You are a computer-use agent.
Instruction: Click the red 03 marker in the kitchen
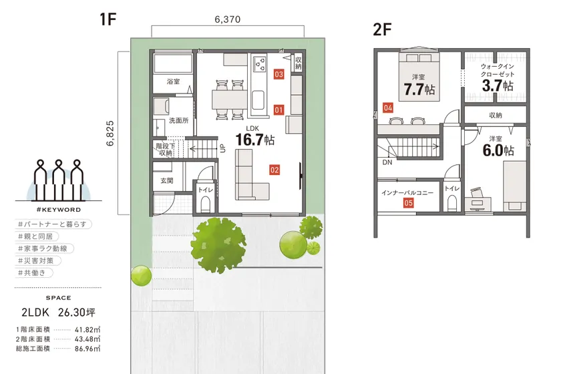(x=278, y=74)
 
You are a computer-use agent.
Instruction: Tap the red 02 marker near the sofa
(x=274, y=170)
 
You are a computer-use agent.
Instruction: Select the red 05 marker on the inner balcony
(x=408, y=203)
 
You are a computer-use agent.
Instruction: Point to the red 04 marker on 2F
(x=388, y=108)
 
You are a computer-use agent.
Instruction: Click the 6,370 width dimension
(x=228, y=19)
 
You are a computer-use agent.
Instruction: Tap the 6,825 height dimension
(x=110, y=133)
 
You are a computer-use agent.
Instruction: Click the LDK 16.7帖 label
(x=254, y=136)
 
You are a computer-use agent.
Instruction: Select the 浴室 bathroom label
(x=173, y=81)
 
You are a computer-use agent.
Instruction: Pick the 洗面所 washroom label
(x=178, y=121)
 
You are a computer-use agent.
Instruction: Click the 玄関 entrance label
(x=167, y=181)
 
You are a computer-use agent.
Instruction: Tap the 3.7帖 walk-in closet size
(x=498, y=85)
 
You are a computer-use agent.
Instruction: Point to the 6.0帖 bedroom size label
(x=498, y=150)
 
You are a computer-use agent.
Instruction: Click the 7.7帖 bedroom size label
(x=419, y=89)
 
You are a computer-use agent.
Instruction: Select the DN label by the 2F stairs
(x=387, y=162)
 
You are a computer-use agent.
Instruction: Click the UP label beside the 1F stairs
(x=222, y=148)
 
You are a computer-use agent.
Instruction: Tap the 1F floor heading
(x=108, y=19)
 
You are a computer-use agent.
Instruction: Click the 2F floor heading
(x=382, y=29)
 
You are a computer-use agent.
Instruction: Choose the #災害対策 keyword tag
(x=35, y=260)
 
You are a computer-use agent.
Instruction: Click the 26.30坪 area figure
(x=77, y=313)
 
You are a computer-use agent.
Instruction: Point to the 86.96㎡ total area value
(x=87, y=348)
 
